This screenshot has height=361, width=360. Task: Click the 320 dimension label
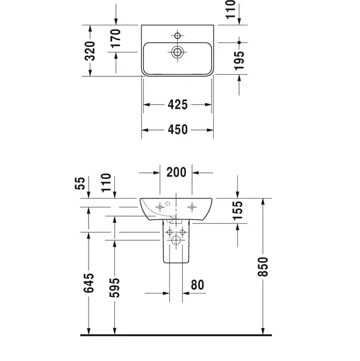[90, 51]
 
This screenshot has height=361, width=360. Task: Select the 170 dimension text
[116, 39]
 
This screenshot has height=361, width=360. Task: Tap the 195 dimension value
[239, 60]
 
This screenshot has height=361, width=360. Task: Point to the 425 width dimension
[178, 105]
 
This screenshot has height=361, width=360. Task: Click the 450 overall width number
[178, 129]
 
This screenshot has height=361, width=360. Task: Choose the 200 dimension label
[176, 172]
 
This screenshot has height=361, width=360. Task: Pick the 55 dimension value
[80, 183]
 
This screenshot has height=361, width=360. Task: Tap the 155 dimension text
[237, 210]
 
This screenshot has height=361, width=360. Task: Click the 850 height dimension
[263, 267]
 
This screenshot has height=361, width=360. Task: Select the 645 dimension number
[89, 283]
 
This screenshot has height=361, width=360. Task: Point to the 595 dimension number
[114, 288]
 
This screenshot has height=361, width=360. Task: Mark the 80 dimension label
[197, 285]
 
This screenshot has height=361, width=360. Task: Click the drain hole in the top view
[177, 52]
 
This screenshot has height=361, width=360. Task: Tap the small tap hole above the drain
[177, 36]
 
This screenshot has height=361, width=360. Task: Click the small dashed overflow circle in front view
[168, 204]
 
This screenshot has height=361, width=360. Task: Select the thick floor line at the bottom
[176, 335]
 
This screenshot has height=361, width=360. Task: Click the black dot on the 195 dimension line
[239, 43]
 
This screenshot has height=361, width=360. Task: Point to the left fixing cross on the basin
[160, 207]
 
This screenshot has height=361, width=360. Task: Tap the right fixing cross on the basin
[192, 207]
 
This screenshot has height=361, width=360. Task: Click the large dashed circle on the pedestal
[176, 240]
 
